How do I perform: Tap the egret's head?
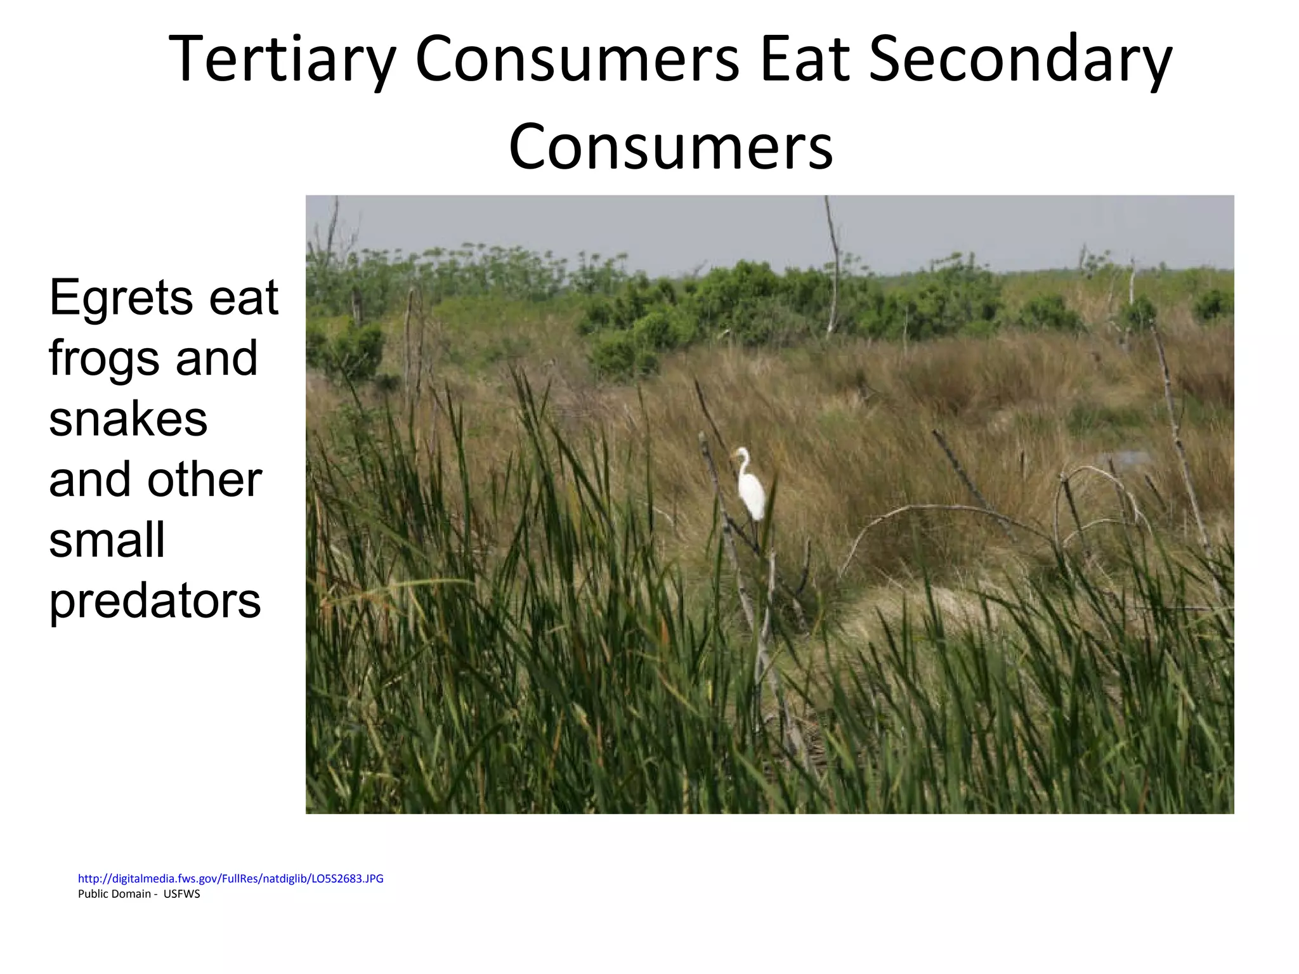(x=741, y=453)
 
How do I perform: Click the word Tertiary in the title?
(x=282, y=60)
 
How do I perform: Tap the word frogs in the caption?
(x=101, y=359)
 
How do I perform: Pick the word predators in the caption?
(x=155, y=601)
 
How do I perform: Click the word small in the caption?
(x=107, y=540)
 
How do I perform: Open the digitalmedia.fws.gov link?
(x=230, y=878)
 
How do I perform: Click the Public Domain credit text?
(x=115, y=894)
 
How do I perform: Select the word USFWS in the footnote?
(x=181, y=894)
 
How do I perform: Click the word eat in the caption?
(x=244, y=298)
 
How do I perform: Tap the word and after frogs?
(x=216, y=359)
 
